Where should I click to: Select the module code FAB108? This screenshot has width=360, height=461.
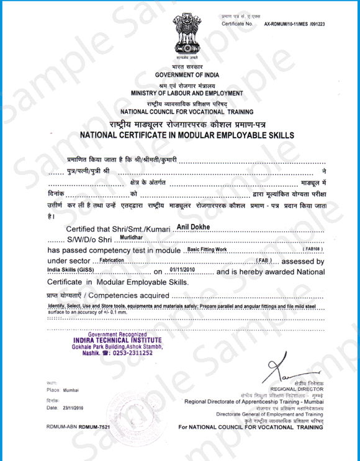pos(311,249)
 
